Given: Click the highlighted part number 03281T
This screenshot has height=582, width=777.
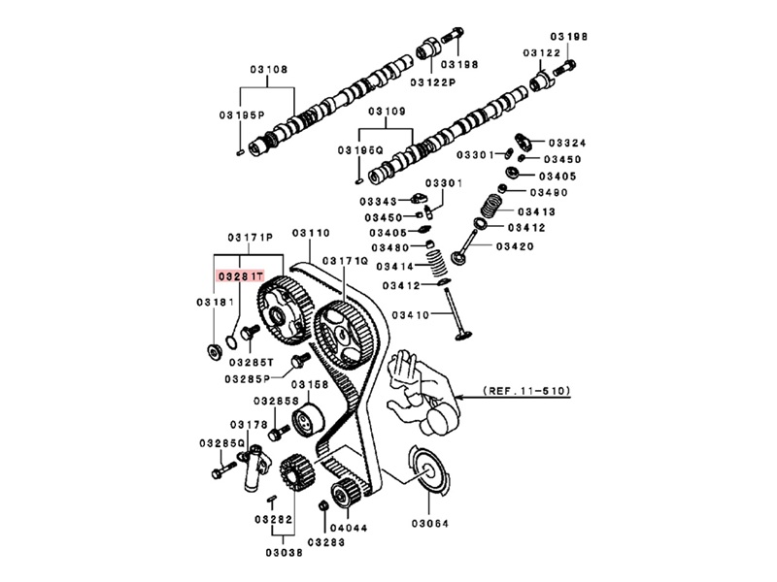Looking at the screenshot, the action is (x=240, y=276).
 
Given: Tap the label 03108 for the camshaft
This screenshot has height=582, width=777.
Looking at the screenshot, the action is (x=269, y=70).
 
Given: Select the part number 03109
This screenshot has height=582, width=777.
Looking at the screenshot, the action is (x=387, y=112).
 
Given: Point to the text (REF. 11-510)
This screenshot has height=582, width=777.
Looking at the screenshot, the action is (x=526, y=391).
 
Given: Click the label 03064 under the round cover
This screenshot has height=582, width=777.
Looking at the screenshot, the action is (x=429, y=524).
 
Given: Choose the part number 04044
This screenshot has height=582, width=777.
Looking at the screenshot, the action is (x=349, y=529).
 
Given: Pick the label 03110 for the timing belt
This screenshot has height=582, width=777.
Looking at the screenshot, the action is (x=311, y=233).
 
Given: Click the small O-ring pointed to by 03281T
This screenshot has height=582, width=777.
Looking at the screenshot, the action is (x=231, y=341).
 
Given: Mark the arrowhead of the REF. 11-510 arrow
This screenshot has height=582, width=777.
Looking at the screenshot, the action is (x=458, y=397).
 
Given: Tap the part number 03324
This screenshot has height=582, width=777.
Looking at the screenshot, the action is (x=567, y=144).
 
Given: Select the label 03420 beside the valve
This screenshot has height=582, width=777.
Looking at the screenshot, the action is (x=515, y=247).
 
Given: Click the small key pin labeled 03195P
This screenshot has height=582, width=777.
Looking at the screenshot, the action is (x=240, y=153).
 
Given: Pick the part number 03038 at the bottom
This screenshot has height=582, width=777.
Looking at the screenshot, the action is (x=284, y=553).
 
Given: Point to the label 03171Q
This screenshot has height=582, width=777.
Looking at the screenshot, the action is (x=346, y=261).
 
